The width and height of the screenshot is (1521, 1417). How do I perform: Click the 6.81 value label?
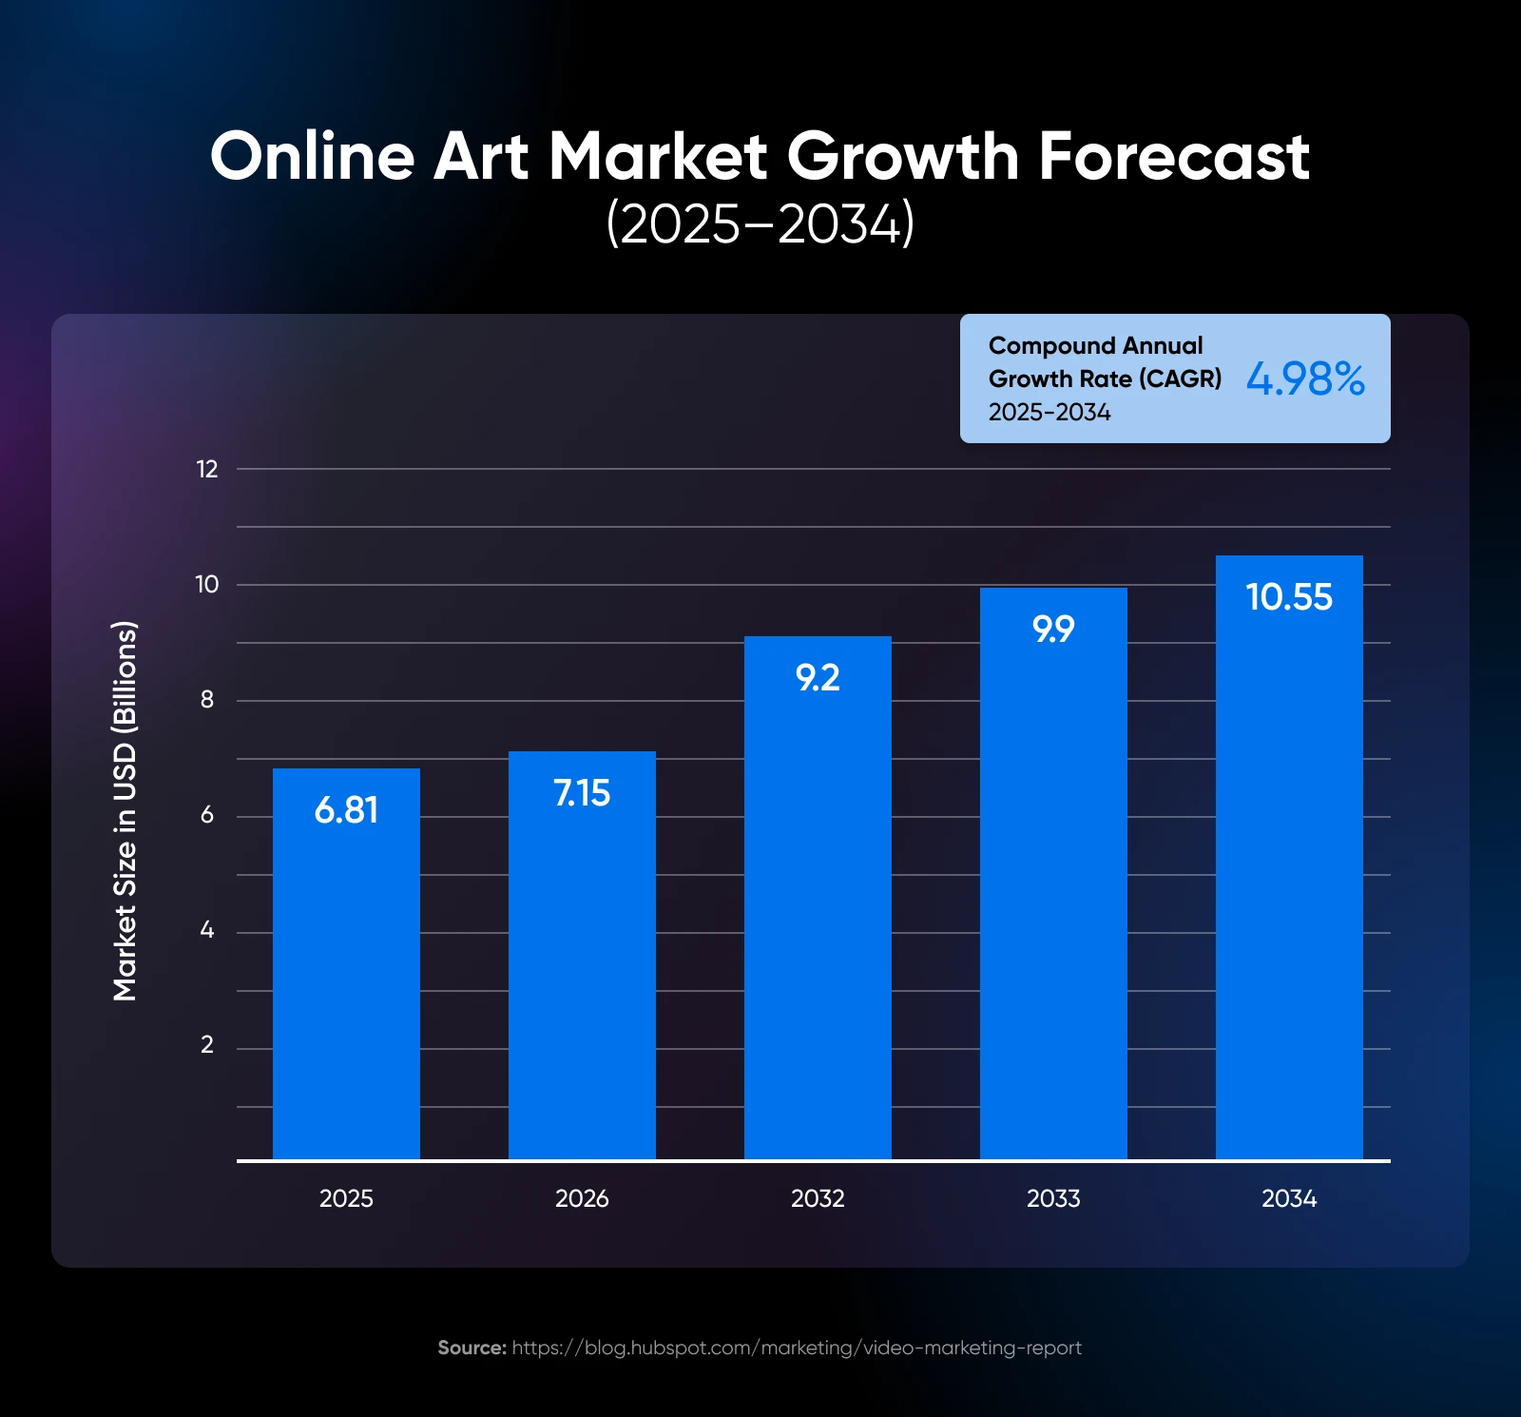pyautogui.click(x=346, y=810)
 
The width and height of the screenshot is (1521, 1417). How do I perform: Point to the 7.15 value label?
pyautogui.click(x=582, y=793)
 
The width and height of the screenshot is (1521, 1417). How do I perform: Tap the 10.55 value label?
pyautogui.click(x=1289, y=597)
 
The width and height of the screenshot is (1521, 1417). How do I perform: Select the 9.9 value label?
pyautogui.click(x=1053, y=630)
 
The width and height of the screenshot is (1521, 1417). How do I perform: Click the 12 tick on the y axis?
pyautogui.click(x=207, y=469)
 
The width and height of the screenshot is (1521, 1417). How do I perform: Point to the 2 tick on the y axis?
pyautogui.click(x=207, y=1045)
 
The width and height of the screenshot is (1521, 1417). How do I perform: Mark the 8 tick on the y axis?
pyautogui.click(x=207, y=700)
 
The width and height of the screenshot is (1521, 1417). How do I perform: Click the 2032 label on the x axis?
pyautogui.click(x=818, y=1198)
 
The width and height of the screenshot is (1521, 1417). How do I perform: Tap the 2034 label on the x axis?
pyautogui.click(x=1289, y=1198)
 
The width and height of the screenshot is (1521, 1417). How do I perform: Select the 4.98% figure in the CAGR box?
pyautogui.click(x=1305, y=379)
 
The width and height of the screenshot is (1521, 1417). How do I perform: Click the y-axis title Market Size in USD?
pyautogui.click(x=125, y=811)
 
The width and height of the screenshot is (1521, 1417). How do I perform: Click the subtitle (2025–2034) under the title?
pyautogui.click(x=760, y=224)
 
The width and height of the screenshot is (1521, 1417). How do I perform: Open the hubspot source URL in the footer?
pyautogui.click(x=797, y=1348)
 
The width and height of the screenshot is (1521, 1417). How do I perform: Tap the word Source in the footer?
pyautogui.click(x=472, y=1348)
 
